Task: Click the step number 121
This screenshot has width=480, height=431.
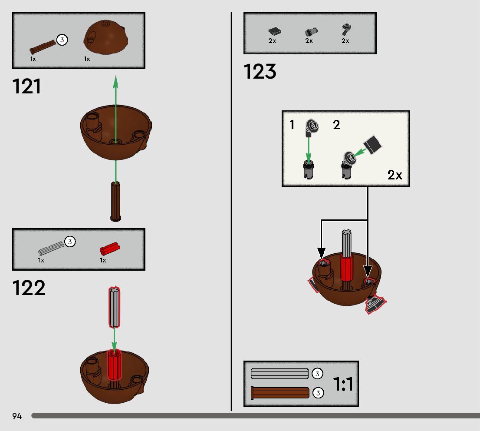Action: (27, 86)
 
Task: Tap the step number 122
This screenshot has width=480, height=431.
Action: (29, 288)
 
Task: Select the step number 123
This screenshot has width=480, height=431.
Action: (260, 72)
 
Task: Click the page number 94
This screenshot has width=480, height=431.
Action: (17, 416)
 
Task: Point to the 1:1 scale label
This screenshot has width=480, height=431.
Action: (343, 384)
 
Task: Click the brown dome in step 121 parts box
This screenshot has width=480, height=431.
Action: (105, 37)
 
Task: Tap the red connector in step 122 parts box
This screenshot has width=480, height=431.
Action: (109, 249)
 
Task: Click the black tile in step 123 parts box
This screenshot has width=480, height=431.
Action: (274, 31)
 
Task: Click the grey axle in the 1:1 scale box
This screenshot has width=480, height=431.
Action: (279, 374)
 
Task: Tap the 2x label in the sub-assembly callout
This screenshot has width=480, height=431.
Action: (395, 176)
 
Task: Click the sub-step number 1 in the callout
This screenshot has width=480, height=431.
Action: (292, 125)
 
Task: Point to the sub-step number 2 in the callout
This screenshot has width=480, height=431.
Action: (336, 125)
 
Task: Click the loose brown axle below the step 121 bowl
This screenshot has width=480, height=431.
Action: (115, 202)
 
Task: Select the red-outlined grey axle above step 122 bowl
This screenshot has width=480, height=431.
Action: (114, 307)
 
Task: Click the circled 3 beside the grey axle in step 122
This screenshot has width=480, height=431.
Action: (70, 242)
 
